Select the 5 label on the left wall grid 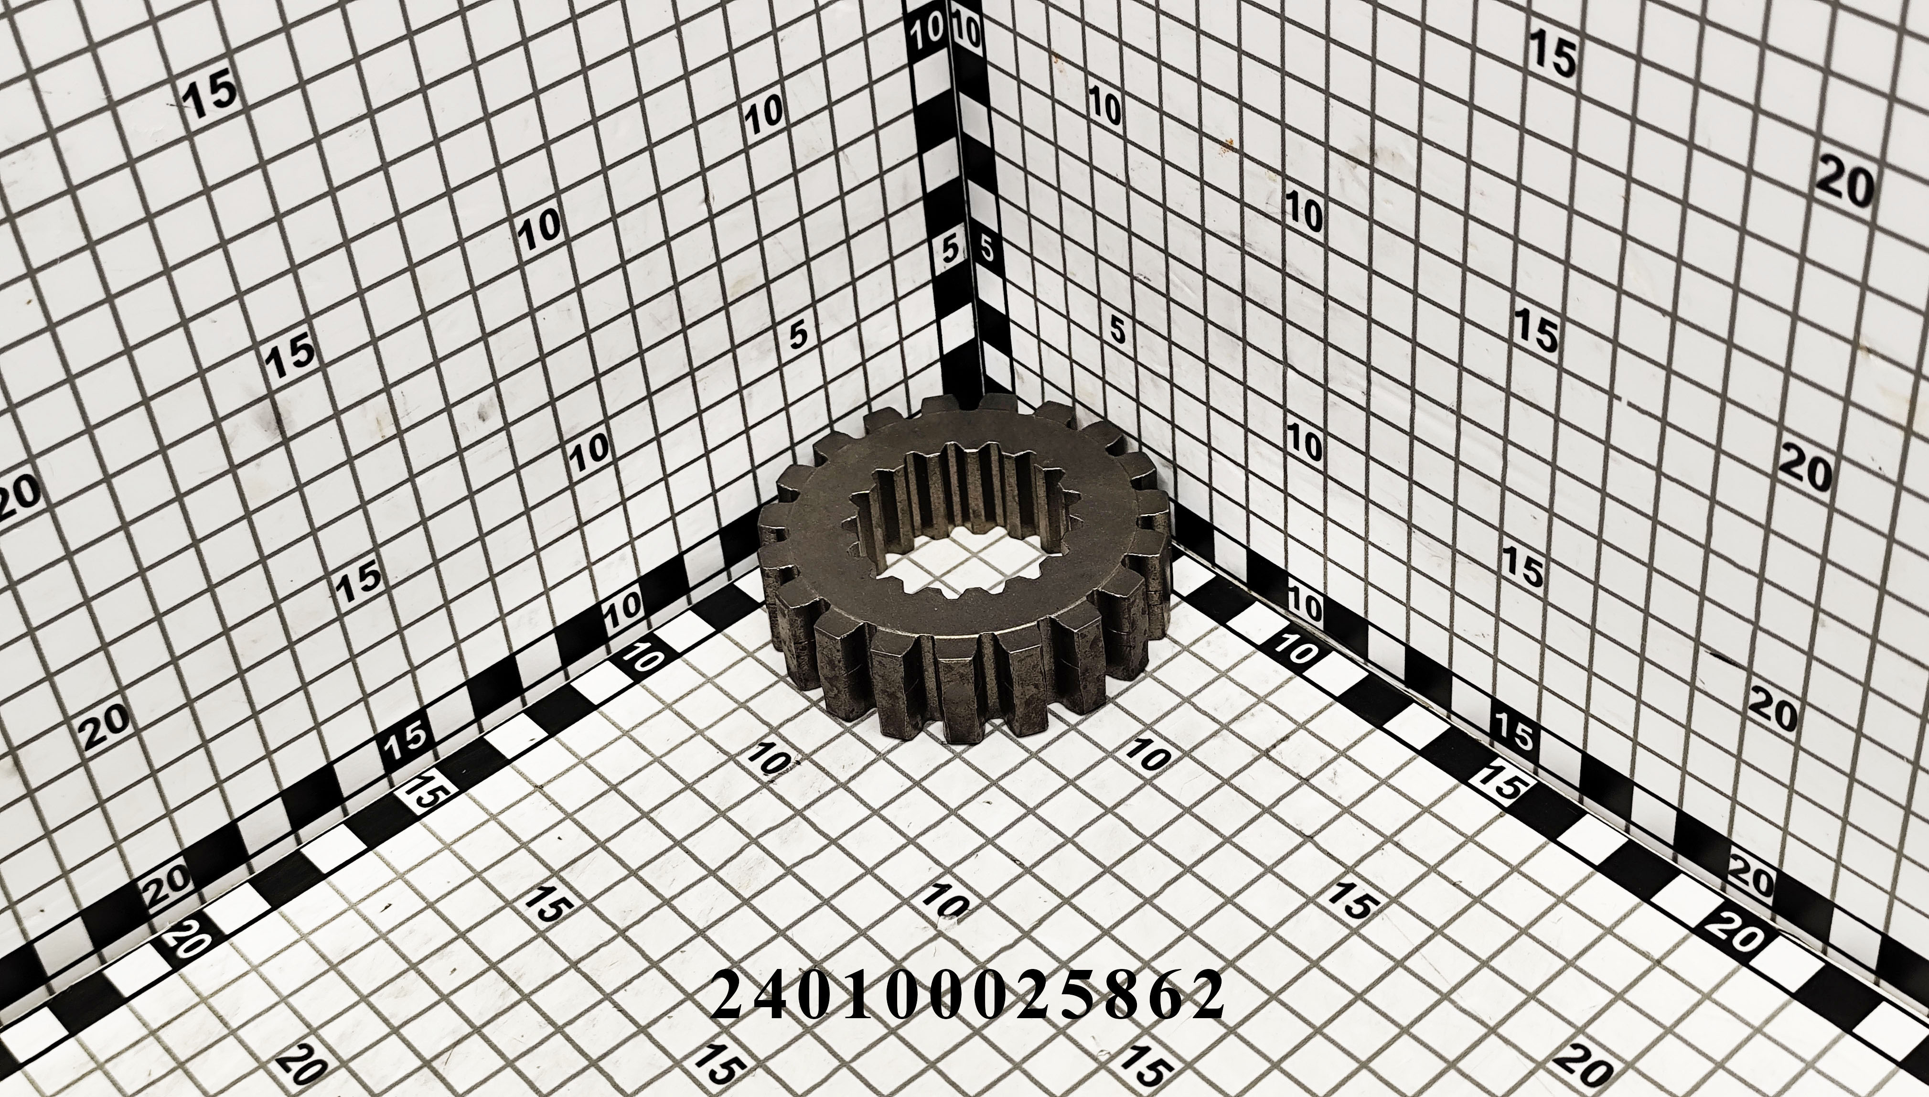[798, 332]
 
